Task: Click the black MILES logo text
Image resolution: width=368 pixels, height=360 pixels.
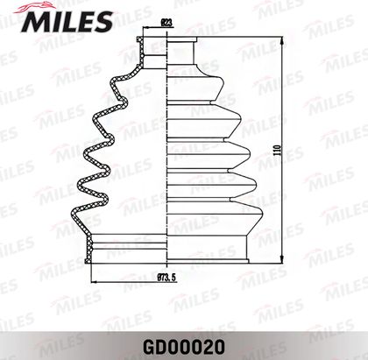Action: coord(67,22)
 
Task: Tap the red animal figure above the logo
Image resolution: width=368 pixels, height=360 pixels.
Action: coord(33,7)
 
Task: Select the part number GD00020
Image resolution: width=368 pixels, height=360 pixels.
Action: coord(184,347)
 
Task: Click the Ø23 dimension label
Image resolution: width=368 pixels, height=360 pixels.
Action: coord(166,23)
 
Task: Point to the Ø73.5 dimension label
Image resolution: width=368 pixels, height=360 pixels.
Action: coord(167,278)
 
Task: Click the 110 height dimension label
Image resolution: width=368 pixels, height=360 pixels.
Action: coord(278,150)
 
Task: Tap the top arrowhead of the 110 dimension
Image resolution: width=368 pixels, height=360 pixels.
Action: coord(282,40)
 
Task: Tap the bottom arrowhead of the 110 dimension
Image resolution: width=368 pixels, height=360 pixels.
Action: coord(282,259)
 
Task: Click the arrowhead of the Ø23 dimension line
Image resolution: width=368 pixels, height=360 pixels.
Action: coord(145,28)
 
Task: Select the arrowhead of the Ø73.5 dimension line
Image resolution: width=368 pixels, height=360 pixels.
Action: coord(94,282)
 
